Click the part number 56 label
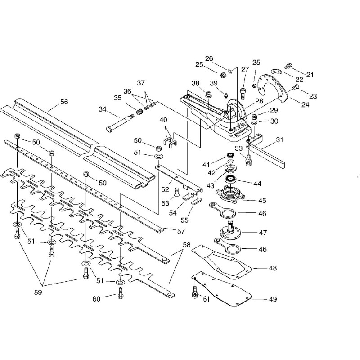click(x=64, y=102)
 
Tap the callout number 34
click(x=103, y=109)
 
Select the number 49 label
click(x=273, y=299)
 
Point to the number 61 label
click(x=207, y=299)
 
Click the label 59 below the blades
click(x=38, y=292)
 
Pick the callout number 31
click(x=279, y=139)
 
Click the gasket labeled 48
click(x=221, y=262)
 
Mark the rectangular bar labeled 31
click(x=266, y=153)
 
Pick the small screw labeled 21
click(x=288, y=66)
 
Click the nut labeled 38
click(x=208, y=94)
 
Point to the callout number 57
click(x=181, y=231)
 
